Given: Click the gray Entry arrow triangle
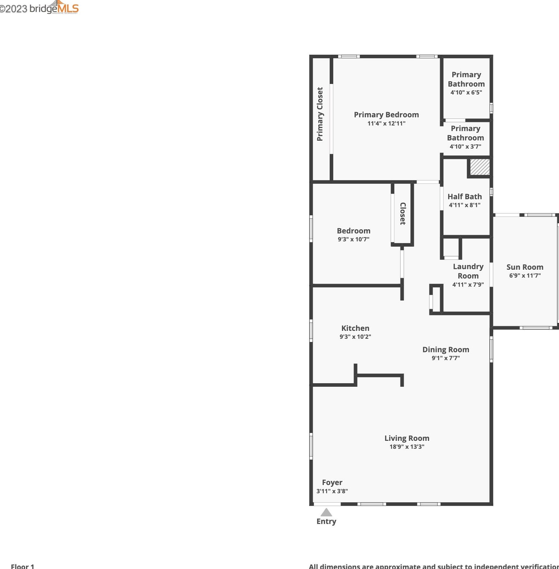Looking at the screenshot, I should [x=326, y=513].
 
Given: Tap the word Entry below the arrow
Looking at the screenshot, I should [x=326, y=521].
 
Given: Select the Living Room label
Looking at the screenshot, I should [x=407, y=438].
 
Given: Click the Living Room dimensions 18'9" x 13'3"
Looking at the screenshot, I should [x=407, y=447].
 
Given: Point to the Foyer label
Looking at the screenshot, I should [x=332, y=482].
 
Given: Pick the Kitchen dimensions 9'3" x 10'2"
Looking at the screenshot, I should [x=355, y=337].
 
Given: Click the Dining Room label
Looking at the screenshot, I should [x=446, y=350].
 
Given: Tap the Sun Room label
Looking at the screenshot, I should [x=525, y=267].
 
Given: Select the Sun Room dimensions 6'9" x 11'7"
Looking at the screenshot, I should [x=525, y=276].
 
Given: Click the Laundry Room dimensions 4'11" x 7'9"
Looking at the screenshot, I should [x=468, y=284].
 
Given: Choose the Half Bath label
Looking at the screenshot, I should [x=465, y=197].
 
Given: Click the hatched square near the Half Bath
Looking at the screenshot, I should [x=480, y=167].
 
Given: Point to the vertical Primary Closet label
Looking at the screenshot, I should [x=320, y=114].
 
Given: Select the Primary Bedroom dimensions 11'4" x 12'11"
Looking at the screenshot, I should [x=386, y=124].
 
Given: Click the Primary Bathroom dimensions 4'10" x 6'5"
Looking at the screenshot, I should [x=466, y=92].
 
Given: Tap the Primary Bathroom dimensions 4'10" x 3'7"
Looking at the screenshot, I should [x=465, y=147].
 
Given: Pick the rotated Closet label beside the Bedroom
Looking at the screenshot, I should [x=403, y=214].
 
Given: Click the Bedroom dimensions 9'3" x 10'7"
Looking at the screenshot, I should [x=353, y=239].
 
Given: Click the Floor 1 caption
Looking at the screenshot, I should [x=23, y=566].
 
